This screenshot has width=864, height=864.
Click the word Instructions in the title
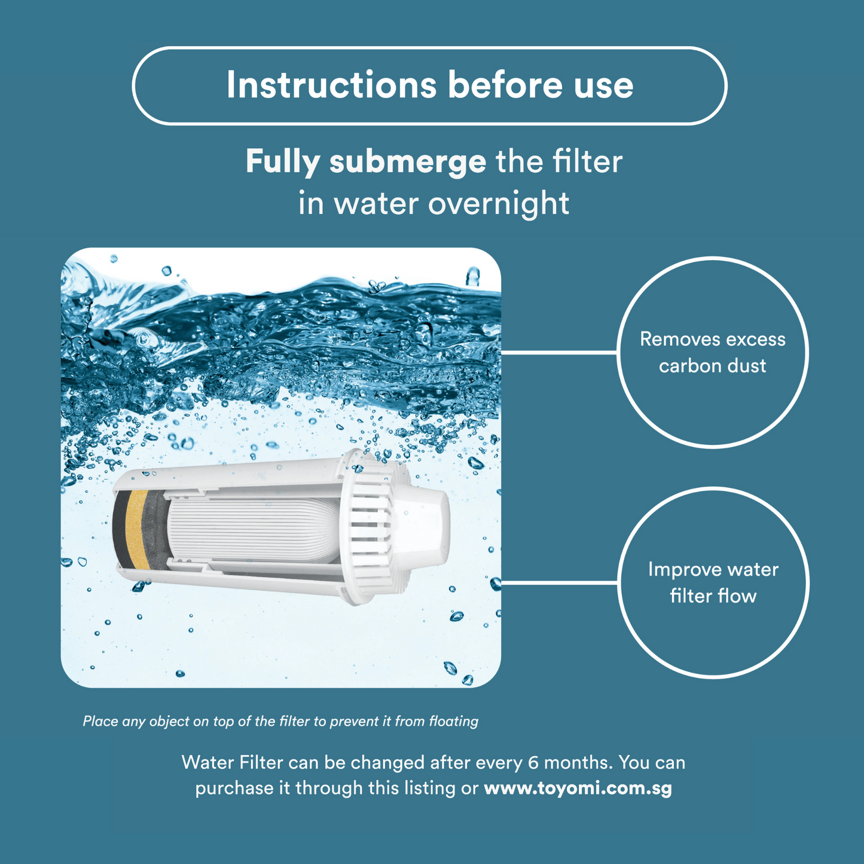click(331, 85)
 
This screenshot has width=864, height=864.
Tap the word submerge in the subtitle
click(408, 162)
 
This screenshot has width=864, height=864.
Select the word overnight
click(499, 204)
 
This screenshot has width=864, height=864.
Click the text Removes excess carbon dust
click(713, 352)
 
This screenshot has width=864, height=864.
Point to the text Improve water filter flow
click(713, 582)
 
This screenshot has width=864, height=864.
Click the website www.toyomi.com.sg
click(578, 788)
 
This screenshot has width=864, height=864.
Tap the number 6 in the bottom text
click(533, 763)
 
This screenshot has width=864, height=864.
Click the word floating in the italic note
click(454, 722)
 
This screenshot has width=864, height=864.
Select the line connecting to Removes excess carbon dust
click(559, 353)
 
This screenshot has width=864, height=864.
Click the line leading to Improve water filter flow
click(559, 583)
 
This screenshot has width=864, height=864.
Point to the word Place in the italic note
click(99, 722)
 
